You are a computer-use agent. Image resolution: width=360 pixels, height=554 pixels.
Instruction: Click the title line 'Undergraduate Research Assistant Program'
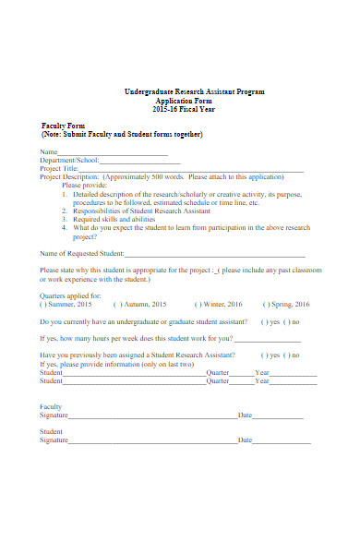(194, 92)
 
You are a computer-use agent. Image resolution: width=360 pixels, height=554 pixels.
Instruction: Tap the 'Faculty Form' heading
(64, 126)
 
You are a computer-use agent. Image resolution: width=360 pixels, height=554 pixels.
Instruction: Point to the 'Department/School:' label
(69, 160)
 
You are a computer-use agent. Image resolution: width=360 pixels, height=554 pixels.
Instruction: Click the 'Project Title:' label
(58, 168)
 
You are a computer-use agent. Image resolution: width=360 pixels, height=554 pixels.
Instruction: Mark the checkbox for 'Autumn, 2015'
(116, 304)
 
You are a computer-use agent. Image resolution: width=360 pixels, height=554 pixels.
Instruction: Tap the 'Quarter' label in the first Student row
(217, 372)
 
